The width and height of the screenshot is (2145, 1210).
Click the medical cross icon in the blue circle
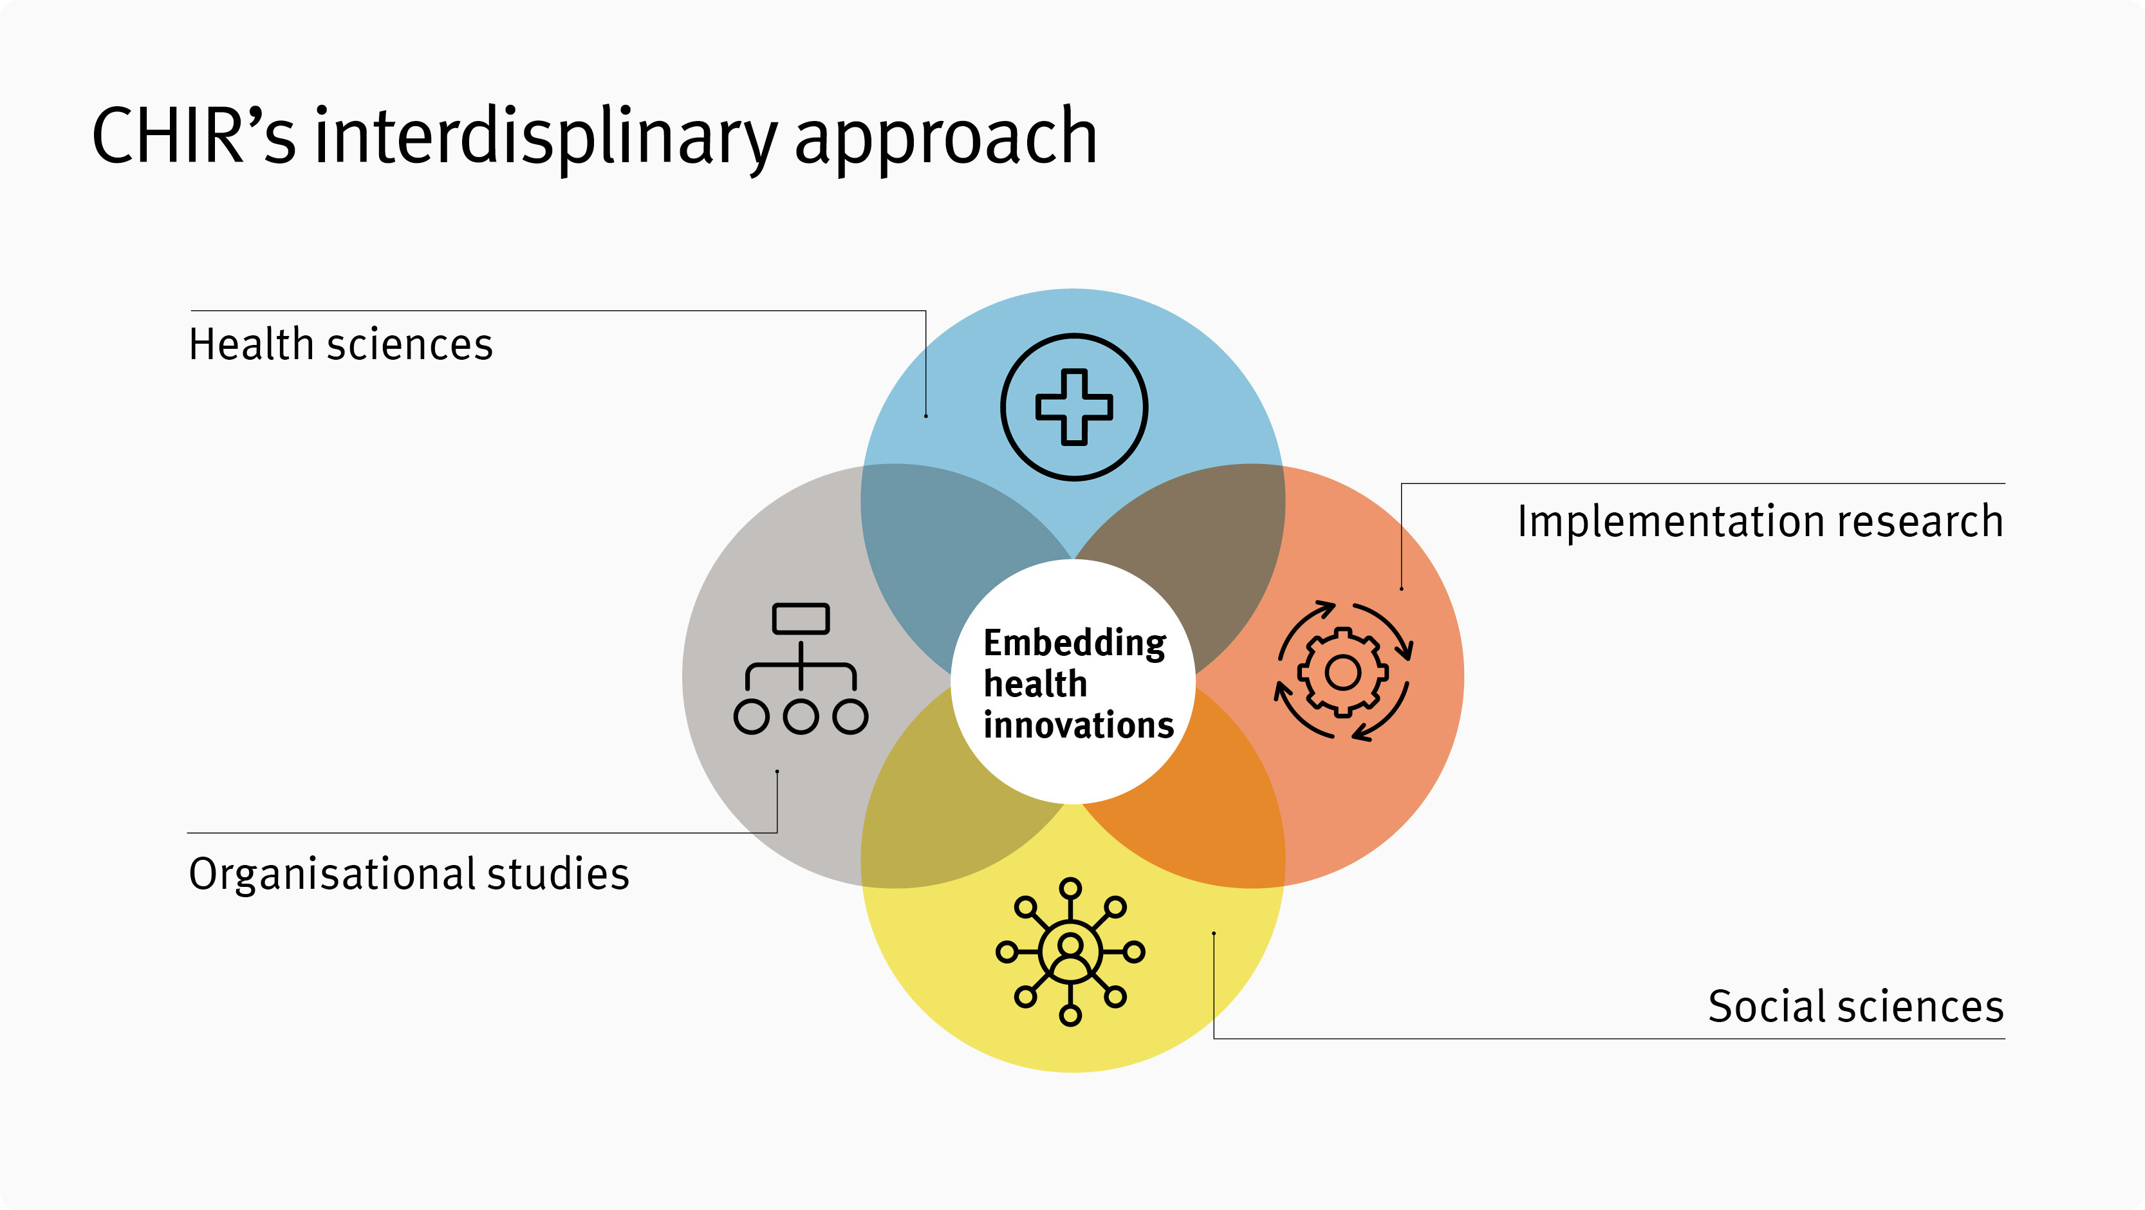pos(1073,407)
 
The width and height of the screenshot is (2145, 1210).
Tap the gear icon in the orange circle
pos(1342,671)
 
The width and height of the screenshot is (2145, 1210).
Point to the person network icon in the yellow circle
pos(1070,951)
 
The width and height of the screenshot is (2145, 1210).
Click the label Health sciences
pos(340,344)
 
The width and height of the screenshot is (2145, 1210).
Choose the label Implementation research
pos(1760,521)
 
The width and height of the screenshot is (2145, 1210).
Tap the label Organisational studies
pos(409,873)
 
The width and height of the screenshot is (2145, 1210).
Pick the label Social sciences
pos(1855,1006)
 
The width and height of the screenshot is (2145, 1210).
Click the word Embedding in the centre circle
pos(1074,643)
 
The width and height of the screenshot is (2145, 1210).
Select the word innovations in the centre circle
pos(1079,725)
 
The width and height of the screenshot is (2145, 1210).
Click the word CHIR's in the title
pos(193,136)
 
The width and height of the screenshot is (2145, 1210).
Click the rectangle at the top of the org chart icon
pos(800,619)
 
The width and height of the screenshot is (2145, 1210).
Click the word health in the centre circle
pos(1035,684)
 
